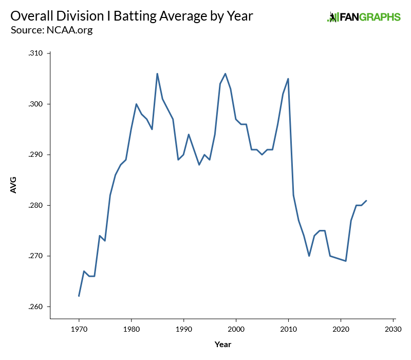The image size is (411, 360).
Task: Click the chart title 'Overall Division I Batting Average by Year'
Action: pyautogui.click(x=132, y=16)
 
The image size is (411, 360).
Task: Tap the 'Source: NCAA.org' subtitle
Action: pyautogui.click(x=51, y=30)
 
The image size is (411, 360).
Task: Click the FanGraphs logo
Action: pyautogui.click(x=364, y=17)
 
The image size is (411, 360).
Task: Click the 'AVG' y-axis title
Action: pyautogui.click(x=14, y=185)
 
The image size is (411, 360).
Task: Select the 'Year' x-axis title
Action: pyautogui.click(x=223, y=344)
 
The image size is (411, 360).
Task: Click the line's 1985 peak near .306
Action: pyautogui.click(x=157, y=74)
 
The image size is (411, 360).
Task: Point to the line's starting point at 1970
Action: pyautogui.click(x=79, y=296)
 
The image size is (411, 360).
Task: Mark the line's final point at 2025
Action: pyautogui.click(x=366, y=201)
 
